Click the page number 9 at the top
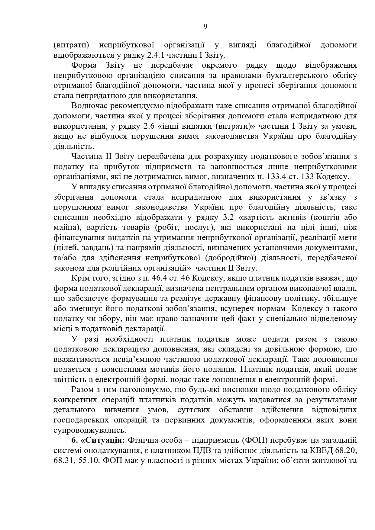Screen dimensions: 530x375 pos(205,27)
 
